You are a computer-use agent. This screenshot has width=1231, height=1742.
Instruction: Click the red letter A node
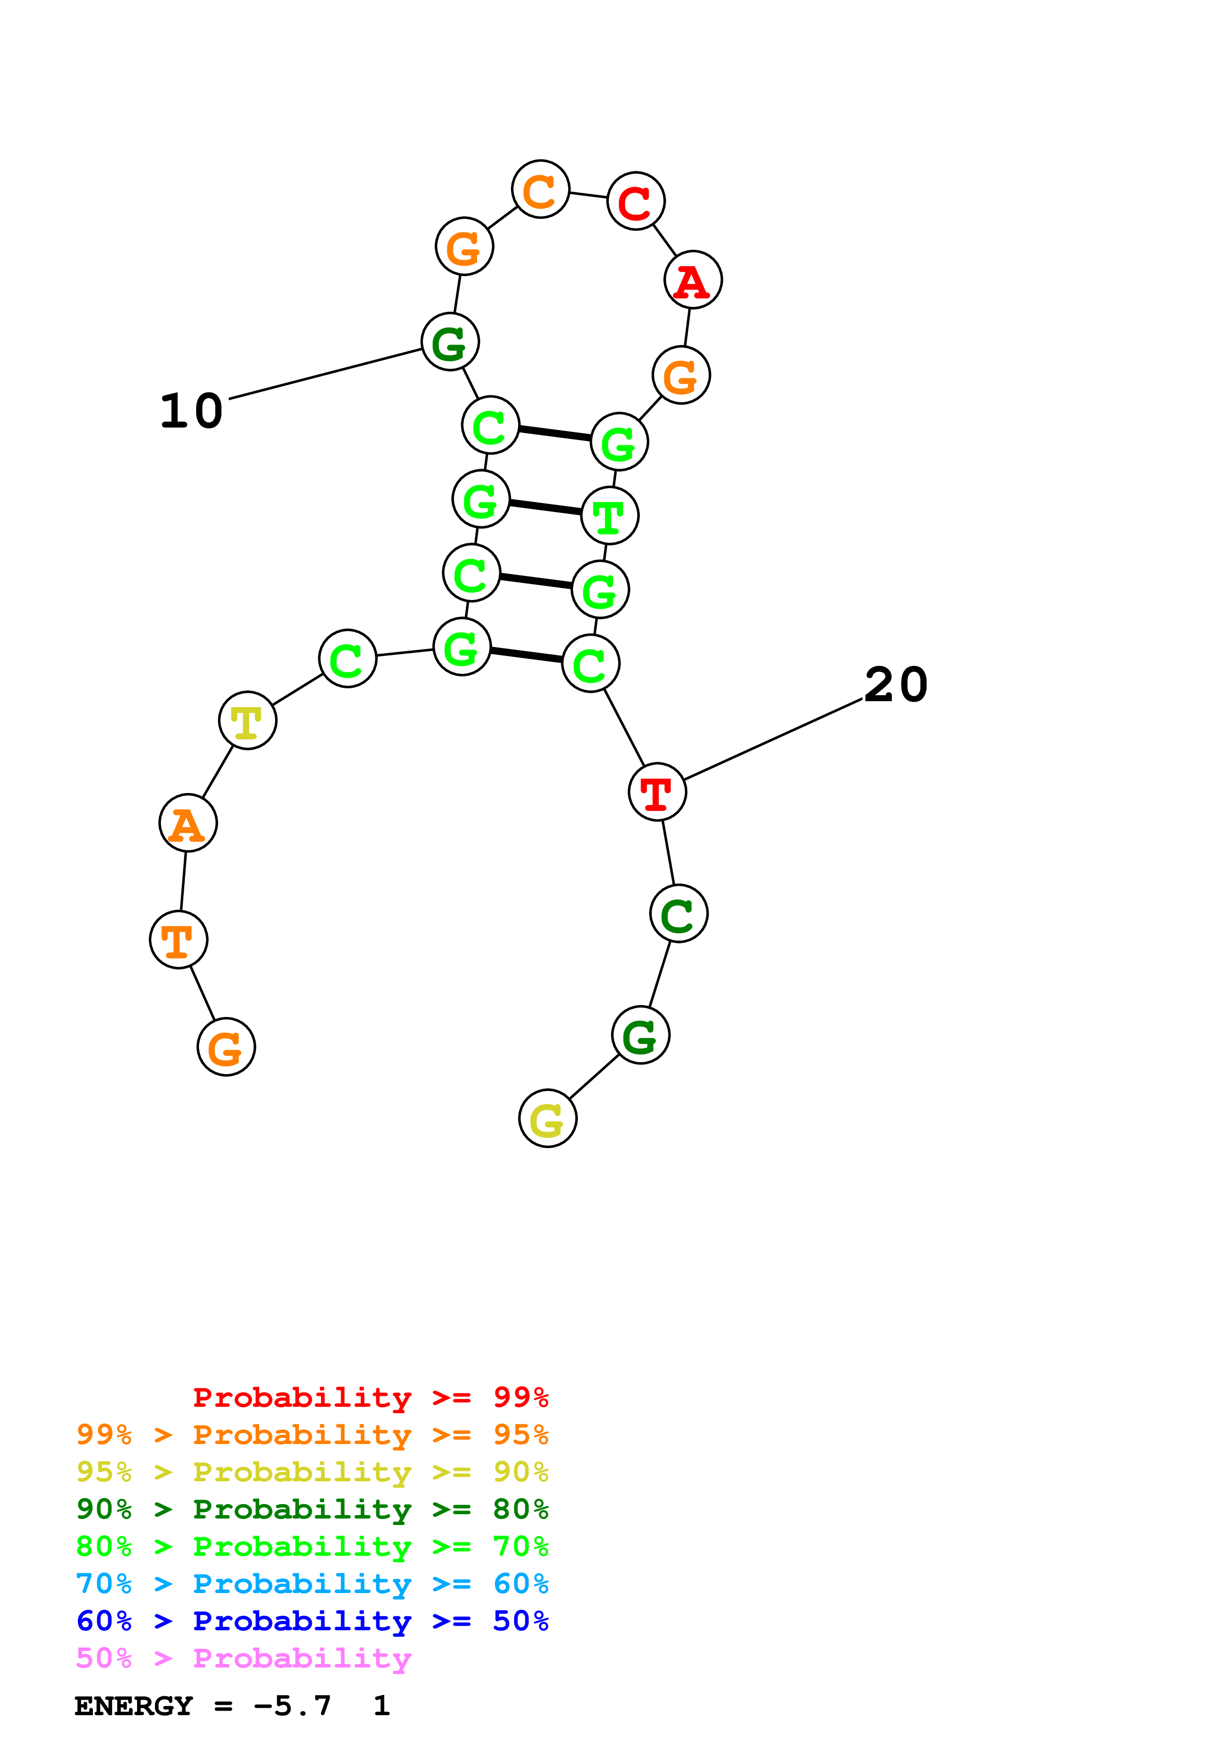[x=693, y=280]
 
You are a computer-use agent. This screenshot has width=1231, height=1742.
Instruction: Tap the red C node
[x=636, y=201]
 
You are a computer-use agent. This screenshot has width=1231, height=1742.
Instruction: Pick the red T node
[x=657, y=792]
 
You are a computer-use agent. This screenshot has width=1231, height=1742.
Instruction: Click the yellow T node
[x=247, y=720]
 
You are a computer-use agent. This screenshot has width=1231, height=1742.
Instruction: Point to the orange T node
[x=178, y=940]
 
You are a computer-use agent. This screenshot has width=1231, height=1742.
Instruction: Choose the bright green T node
[x=610, y=516]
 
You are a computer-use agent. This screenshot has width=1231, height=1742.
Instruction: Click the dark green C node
[x=679, y=914]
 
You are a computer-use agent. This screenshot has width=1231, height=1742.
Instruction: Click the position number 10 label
[x=191, y=411]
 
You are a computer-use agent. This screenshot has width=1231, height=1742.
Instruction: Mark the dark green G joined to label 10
[x=450, y=342]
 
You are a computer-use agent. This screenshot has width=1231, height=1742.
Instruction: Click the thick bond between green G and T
[x=545, y=508]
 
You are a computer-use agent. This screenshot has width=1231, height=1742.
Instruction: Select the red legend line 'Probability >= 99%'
[x=370, y=1397]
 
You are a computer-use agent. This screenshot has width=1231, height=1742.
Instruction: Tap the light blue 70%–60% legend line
[x=312, y=1584]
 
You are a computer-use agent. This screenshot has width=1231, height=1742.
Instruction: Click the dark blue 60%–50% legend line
[x=312, y=1621]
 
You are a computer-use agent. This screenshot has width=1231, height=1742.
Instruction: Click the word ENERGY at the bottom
[x=134, y=1706]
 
